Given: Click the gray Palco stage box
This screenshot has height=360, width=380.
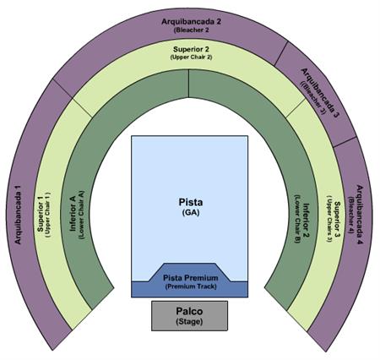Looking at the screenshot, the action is [x=189, y=315].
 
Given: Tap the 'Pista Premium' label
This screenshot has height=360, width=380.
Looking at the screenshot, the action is [x=191, y=278].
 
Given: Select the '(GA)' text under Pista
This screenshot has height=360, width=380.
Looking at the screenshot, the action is [x=191, y=212].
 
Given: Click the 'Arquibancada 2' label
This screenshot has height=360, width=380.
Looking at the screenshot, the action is [x=191, y=22].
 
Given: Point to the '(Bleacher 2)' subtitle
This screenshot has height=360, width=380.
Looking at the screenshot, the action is [x=192, y=30].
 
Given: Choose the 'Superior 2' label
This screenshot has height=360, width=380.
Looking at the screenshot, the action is [x=191, y=49].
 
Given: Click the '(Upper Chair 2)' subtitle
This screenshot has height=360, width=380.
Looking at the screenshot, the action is [x=191, y=57].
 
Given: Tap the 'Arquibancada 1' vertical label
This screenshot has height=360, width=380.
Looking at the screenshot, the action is [x=18, y=215].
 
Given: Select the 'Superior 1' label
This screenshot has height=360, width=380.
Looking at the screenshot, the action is [x=41, y=214].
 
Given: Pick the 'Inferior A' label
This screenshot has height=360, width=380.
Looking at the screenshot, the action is [x=73, y=214].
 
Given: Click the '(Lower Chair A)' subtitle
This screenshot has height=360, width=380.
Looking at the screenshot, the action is [x=82, y=215].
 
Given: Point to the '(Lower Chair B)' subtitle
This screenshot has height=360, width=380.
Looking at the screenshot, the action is [x=297, y=219].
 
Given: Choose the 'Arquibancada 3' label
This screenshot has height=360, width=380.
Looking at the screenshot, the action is [x=319, y=93].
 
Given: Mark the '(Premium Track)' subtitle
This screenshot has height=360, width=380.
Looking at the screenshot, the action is [x=191, y=286].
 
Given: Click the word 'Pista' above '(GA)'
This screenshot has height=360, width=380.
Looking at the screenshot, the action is [x=191, y=202].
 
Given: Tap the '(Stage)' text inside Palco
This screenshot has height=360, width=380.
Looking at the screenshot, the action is [x=189, y=321].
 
